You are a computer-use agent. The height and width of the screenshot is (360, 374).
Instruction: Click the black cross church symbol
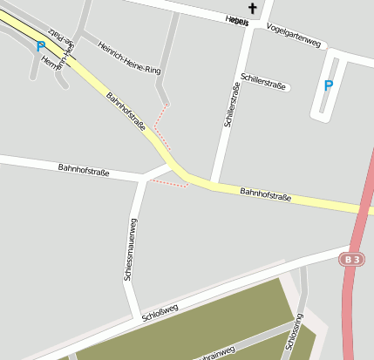pos(254,9)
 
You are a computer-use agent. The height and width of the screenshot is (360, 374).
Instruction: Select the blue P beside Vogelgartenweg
pos(328,85)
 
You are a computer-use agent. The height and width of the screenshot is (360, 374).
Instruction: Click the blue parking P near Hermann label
pos(40,46)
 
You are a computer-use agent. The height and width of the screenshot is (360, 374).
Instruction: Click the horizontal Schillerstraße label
pos(265,83)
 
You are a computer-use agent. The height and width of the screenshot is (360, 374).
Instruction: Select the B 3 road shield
pos(351,260)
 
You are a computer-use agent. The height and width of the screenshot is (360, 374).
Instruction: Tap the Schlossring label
pos(294,336)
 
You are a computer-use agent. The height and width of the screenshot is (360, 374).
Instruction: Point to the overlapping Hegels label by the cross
pos(236,21)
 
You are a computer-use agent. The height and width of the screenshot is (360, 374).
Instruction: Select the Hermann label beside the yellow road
pos(52,61)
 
